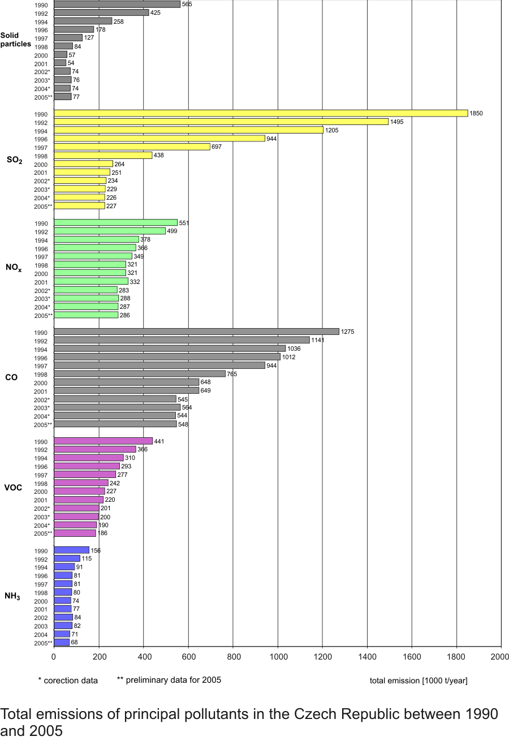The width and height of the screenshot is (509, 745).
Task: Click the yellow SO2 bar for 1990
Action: [260, 113]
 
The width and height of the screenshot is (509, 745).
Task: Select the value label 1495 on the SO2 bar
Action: [396, 122]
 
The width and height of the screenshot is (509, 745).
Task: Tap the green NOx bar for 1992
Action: [110, 231]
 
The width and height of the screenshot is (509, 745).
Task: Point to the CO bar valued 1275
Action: [196, 331]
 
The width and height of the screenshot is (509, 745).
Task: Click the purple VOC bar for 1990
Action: [103, 441]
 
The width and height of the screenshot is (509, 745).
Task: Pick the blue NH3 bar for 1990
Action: [71, 550]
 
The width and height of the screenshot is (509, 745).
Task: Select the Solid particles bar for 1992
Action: [101, 12]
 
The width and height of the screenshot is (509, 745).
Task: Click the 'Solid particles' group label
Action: [15, 40]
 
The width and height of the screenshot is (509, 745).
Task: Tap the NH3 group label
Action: [12, 596]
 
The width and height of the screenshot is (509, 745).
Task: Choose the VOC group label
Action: [13, 488]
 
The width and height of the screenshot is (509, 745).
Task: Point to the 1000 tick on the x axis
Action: [278, 657]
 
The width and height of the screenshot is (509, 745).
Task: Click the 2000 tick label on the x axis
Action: [500, 657]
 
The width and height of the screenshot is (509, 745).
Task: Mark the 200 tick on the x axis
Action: [99, 657]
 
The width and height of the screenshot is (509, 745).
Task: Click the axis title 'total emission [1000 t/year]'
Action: [419, 681]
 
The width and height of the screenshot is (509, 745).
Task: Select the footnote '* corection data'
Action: [68, 681]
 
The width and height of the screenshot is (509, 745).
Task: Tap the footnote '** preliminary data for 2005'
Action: [169, 680]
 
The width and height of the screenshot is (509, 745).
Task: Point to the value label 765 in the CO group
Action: [232, 374]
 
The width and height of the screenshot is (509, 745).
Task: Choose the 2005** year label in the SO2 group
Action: [43, 206]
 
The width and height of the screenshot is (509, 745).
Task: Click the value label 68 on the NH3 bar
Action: [75, 643]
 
